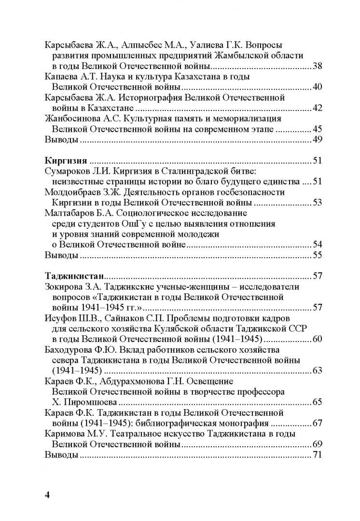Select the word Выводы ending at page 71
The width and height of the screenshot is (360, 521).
point(61,454)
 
